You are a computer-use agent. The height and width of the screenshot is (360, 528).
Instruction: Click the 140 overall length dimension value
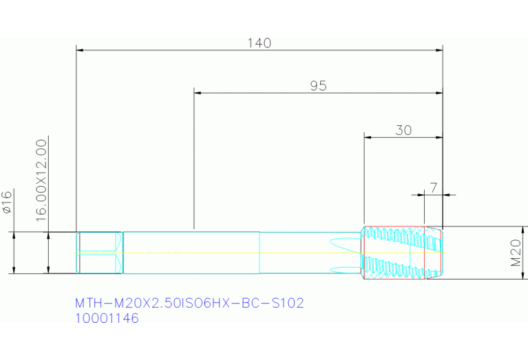point(260,43)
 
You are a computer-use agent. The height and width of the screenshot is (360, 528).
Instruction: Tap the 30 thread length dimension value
point(403,130)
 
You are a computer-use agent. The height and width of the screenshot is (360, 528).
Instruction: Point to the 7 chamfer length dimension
point(434,187)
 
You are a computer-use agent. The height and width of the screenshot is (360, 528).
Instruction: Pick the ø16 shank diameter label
point(8,202)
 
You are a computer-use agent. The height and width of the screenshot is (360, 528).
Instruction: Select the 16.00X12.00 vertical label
point(41,178)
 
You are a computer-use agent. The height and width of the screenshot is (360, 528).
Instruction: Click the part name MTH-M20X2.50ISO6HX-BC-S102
point(189,303)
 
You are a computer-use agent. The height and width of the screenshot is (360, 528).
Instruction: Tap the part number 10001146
point(107,319)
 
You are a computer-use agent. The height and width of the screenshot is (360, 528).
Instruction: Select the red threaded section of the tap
point(392,253)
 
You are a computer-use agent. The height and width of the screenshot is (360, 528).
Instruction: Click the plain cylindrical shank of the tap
point(191,253)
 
